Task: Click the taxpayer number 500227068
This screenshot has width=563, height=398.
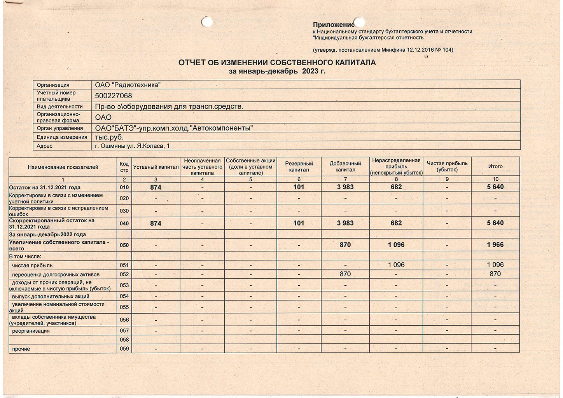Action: point(114,96)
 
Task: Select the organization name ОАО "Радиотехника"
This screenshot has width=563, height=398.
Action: point(128,85)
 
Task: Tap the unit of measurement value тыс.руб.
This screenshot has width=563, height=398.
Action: point(109,137)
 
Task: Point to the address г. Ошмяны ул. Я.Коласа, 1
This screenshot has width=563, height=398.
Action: point(132,146)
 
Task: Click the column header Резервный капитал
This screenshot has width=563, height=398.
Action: point(299,166)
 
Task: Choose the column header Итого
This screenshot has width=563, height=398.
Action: point(495,166)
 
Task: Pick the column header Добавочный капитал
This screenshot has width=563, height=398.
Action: point(345,166)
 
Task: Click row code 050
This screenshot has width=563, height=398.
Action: point(124,245)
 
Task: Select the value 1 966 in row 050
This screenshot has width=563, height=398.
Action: point(495,245)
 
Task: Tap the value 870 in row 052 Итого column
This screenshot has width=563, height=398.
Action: point(495,274)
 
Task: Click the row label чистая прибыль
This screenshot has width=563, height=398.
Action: point(32,265)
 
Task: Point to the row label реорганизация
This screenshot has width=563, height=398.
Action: point(31,331)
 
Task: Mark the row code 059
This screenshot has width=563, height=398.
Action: point(124,349)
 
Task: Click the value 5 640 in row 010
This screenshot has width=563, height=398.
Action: point(495,187)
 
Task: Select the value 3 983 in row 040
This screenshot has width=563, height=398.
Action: point(345,223)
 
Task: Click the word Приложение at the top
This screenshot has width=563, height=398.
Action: point(333,25)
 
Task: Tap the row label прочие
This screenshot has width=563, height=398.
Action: point(21,349)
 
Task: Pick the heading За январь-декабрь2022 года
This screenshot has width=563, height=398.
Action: point(47,234)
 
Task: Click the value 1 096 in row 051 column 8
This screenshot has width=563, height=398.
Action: point(396,265)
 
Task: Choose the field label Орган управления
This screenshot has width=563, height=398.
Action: point(60,128)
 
